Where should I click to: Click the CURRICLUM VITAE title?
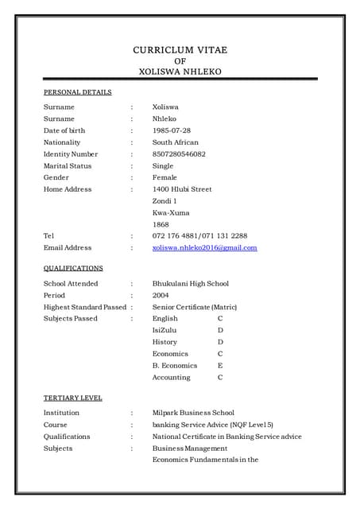(180, 50)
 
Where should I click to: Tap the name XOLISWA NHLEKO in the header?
(180, 72)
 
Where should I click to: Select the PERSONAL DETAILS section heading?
(77, 92)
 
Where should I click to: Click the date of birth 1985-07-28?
(172, 130)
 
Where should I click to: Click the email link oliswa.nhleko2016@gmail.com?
(205, 248)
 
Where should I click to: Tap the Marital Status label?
(68, 166)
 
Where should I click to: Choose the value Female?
(165, 177)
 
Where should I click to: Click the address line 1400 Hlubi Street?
(182, 189)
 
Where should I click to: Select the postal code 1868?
(161, 224)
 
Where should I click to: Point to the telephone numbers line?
(199, 236)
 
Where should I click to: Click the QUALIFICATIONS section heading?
(73, 269)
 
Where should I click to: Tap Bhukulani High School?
(191, 283)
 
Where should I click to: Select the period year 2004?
(161, 295)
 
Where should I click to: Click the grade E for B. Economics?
(220, 366)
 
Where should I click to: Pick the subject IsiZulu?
(165, 330)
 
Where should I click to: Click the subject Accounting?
(172, 378)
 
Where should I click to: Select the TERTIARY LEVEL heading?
(72, 398)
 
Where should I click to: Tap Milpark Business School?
(193, 413)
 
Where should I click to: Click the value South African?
(176, 142)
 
